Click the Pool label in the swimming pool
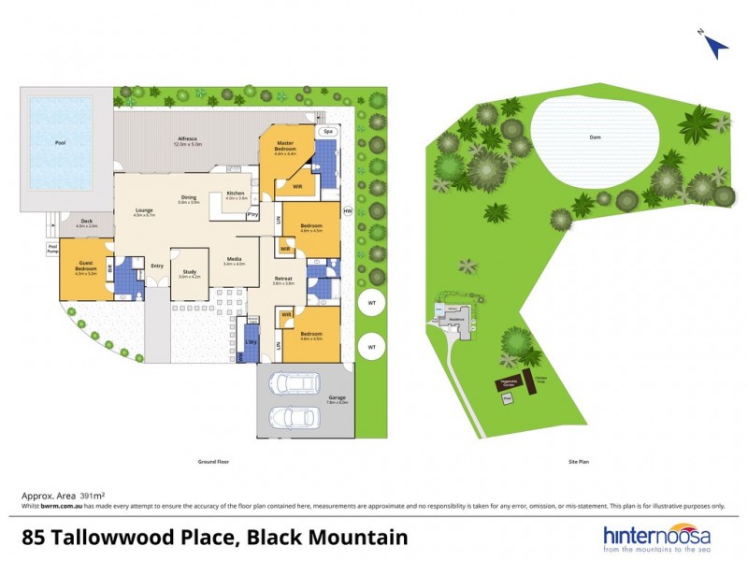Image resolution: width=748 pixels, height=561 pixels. click(x=61, y=143)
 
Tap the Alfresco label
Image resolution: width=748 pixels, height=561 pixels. click(x=188, y=139)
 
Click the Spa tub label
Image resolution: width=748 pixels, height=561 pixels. click(x=327, y=132)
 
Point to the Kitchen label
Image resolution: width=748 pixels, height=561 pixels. click(x=236, y=194)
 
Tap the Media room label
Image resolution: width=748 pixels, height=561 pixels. click(x=234, y=260)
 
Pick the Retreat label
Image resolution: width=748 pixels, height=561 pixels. click(x=283, y=279)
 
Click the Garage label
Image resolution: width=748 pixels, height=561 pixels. click(x=338, y=397)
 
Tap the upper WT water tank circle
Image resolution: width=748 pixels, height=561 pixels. click(x=371, y=304)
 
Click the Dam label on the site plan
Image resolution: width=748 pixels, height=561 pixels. click(x=594, y=137)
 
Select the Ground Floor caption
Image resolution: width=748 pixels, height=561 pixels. click(x=213, y=461)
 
